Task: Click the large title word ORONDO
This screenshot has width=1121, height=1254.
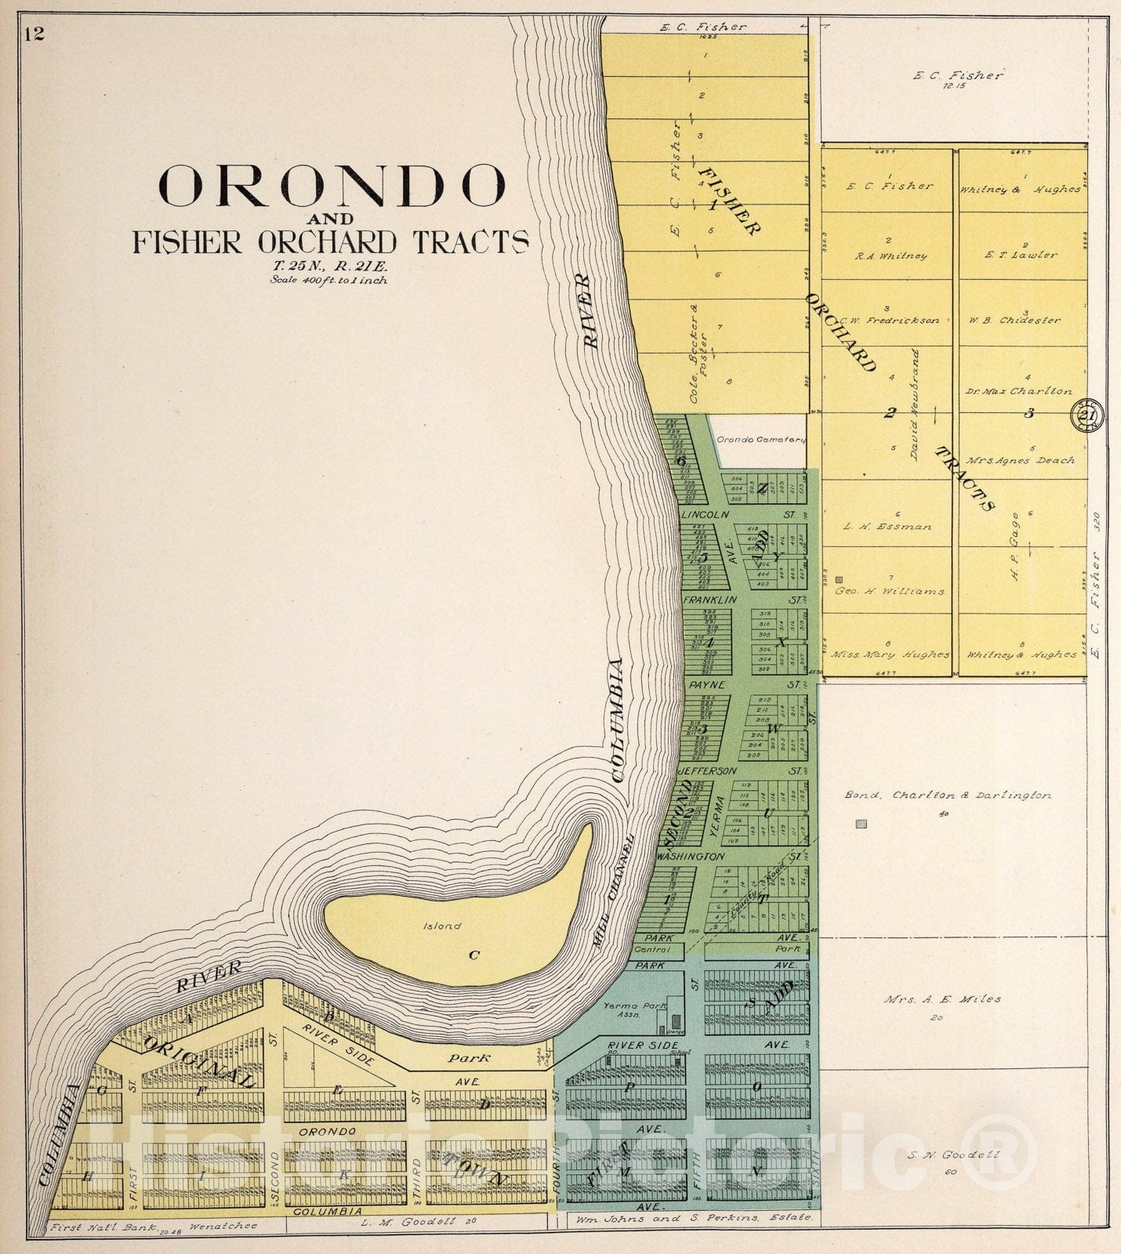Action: click(332, 187)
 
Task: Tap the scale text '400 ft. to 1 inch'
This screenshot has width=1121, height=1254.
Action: click(328, 280)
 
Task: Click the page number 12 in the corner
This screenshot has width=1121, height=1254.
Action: click(34, 33)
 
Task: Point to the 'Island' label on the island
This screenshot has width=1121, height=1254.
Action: click(442, 926)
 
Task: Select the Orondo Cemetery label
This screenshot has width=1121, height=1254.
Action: click(760, 440)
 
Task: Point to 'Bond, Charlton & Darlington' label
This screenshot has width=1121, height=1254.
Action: click(947, 796)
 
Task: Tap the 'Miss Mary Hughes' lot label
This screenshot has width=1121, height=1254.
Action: click(890, 654)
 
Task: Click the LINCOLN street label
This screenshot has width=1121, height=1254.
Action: click(706, 515)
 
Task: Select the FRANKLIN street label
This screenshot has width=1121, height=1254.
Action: click(709, 600)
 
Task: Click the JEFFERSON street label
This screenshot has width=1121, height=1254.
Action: click(708, 771)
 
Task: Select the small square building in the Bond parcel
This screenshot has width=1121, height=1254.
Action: click(862, 825)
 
